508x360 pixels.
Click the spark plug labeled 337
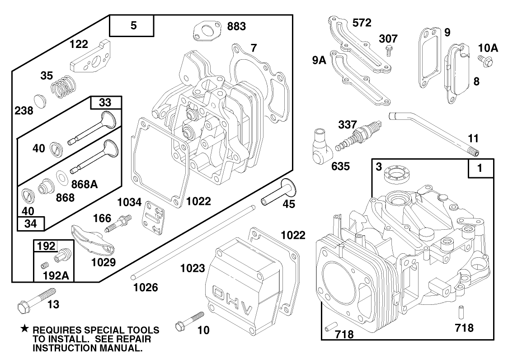[x=357, y=136]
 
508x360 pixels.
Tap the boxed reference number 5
[x=132, y=26]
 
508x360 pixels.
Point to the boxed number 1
[x=480, y=169]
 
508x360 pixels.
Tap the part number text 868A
[x=85, y=184]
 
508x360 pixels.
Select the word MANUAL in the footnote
[x=120, y=348]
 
